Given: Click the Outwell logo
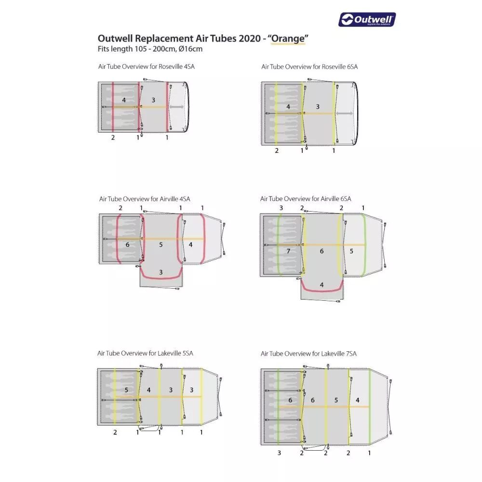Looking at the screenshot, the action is coord(367,20).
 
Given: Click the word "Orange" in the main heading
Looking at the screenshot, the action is coord(288,39).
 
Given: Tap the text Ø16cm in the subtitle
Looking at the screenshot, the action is coord(190,49).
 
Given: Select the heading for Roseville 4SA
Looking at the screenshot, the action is coord(147,67).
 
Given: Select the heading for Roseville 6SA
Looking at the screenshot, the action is coord(309,67).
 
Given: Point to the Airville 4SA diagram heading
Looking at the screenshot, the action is coord(145,199).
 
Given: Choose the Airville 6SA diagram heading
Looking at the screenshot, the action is coord(306,199).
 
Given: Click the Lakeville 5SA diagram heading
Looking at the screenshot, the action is coord(145,353).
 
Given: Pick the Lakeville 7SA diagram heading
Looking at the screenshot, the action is coord(308,353).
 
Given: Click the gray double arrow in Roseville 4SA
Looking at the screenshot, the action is coord(176,107).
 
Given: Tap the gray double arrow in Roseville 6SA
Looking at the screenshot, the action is coord(344,113).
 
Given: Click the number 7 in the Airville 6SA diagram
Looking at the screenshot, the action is coord(288,251).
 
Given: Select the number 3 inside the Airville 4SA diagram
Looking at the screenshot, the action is coord(161,272).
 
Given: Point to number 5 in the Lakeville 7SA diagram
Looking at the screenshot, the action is coord(336,400).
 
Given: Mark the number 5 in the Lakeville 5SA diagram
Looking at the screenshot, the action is coord(126,390).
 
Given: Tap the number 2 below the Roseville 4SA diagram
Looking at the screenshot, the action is coord(113,137).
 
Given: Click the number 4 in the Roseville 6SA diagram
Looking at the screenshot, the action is coord(288,107).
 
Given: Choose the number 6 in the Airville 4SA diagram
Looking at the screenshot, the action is coord(127,245).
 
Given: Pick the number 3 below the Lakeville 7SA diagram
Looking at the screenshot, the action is coord(279,453).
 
